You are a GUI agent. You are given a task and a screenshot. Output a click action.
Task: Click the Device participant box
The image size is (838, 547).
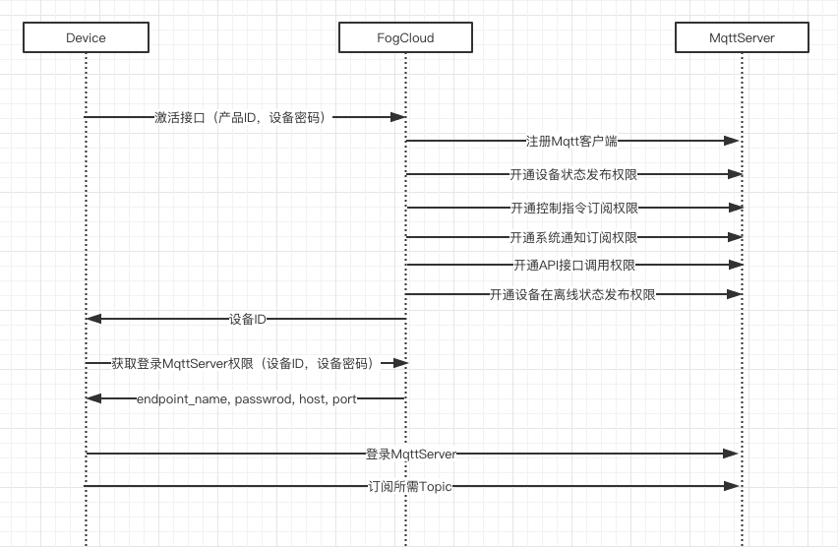pos(86,38)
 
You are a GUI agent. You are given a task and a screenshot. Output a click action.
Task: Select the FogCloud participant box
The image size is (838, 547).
pos(405,38)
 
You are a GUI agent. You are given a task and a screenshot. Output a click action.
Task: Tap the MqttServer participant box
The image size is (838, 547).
pos(742,38)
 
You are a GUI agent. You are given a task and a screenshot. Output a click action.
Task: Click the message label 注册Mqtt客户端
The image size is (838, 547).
pos(572,142)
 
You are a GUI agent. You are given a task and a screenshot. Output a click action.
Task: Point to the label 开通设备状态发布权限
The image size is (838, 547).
pos(572,175)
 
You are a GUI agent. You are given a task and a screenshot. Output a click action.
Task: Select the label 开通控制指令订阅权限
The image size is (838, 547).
pos(572,208)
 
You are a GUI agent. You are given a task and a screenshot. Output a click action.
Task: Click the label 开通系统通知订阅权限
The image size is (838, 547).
pos(572,237)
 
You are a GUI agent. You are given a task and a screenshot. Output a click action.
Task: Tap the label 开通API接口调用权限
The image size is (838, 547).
pos(573,265)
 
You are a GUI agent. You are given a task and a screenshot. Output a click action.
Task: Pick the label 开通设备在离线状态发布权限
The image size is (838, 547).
pos(572,294)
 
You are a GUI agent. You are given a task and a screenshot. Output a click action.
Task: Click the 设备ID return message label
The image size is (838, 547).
pos(247,319)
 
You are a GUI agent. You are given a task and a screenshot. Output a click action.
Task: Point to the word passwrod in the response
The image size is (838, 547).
pos(263,398)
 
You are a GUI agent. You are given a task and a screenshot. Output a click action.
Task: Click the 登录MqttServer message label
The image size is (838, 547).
pos(410,454)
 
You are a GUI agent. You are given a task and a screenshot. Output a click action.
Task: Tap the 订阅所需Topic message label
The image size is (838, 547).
pos(409,486)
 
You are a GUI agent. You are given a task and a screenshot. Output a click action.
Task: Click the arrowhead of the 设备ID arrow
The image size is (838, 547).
pos(92,319)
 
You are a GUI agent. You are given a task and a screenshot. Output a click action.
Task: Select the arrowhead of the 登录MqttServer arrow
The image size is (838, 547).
pos(732,454)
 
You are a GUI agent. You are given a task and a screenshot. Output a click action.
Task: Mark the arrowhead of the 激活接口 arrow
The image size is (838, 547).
pos(398,117)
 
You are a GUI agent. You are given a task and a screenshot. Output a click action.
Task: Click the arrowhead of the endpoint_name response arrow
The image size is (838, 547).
pos(92,398)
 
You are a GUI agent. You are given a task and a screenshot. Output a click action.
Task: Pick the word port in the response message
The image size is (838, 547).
pos(344,398)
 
